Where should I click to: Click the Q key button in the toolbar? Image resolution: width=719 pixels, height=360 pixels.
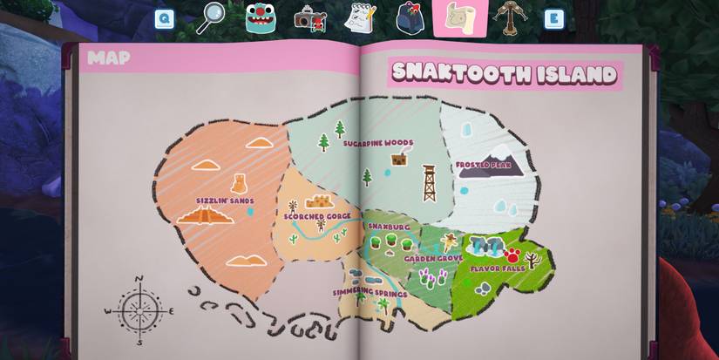click(x=165, y=19)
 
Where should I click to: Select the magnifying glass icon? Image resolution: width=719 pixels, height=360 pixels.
click(x=210, y=17)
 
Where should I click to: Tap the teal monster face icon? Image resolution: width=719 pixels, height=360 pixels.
click(x=261, y=17)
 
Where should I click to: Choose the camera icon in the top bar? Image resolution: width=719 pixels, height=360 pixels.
click(x=309, y=17)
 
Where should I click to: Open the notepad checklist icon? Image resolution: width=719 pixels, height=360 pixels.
click(x=359, y=17)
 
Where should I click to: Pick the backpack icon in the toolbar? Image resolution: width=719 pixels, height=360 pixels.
click(x=410, y=17)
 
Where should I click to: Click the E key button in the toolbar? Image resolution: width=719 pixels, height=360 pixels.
click(x=553, y=19)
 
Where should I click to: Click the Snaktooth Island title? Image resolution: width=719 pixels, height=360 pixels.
click(x=504, y=73)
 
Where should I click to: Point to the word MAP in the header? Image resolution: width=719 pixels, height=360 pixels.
click(x=109, y=58)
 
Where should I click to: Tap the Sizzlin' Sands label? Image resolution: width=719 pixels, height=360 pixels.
click(x=225, y=200)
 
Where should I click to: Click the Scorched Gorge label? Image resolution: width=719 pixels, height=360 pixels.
click(x=317, y=216)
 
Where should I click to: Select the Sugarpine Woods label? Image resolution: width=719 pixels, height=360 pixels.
click(x=377, y=143)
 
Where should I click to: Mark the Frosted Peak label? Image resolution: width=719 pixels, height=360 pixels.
click(x=483, y=165)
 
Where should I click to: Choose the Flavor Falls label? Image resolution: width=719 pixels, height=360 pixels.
click(x=498, y=268)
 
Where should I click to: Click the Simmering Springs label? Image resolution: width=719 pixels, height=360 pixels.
click(x=370, y=294)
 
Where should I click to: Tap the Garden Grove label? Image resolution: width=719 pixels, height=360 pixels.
click(x=433, y=259)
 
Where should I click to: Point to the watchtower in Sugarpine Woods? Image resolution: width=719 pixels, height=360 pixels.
click(x=429, y=183)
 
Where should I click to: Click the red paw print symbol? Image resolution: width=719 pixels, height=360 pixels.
click(x=512, y=255)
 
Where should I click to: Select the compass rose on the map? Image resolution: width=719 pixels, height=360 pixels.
click(x=139, y=309)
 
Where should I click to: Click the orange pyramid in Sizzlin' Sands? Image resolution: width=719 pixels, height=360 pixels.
click(x=206, y=215)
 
